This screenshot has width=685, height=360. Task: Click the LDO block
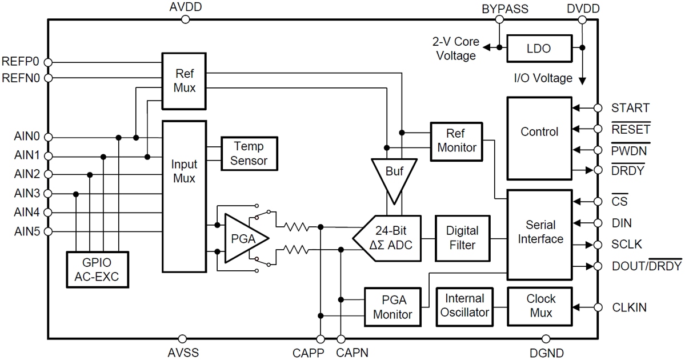click(539, 49)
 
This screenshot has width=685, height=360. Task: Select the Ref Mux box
click(185, 81)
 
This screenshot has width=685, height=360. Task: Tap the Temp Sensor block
click(249, 154)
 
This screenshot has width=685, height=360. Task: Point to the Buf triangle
click(394, 172)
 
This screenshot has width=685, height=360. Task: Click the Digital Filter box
click(462, 238)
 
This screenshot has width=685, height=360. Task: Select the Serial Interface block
click(539, 232)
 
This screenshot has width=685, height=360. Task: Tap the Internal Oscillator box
click(464, 305)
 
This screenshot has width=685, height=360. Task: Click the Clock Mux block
click(539, 305)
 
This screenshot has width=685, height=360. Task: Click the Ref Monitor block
click(456, 140)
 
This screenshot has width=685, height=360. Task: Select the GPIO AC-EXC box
click(97, 271)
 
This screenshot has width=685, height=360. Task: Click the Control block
click(539, 132)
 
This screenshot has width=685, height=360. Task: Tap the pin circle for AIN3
click(48, 194)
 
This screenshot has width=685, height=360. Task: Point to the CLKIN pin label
click(629, 307)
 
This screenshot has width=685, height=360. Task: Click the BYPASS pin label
click(505, 9)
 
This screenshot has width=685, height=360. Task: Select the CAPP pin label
click(308, 353)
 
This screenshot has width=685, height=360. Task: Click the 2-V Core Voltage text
click(455, 49)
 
